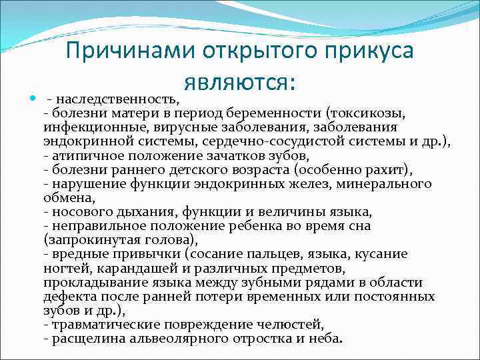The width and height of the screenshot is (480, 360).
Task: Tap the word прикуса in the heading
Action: (361, 52)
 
